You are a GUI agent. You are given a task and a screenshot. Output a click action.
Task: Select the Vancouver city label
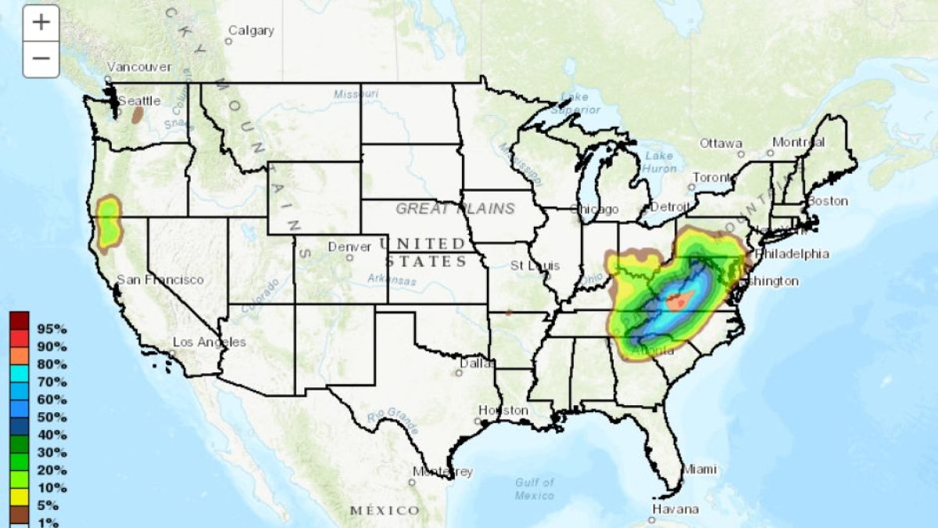138,67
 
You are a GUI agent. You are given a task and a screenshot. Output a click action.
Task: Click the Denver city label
349,246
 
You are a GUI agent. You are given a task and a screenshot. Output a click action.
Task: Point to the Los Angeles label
209,342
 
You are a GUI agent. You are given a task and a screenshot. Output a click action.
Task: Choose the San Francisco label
159,279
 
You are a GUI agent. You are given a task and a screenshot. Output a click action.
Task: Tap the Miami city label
699,469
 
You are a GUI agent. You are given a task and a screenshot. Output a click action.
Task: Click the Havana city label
676,509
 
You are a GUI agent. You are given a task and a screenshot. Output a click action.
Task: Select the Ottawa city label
720,144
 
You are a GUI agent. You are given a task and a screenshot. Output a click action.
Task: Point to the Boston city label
827,201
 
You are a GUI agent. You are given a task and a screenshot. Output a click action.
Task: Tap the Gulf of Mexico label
535,489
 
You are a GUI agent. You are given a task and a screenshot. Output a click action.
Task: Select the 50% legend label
52,417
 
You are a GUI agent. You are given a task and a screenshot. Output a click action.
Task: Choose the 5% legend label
48,505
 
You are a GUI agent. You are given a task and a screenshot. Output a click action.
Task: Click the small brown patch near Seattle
138,115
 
